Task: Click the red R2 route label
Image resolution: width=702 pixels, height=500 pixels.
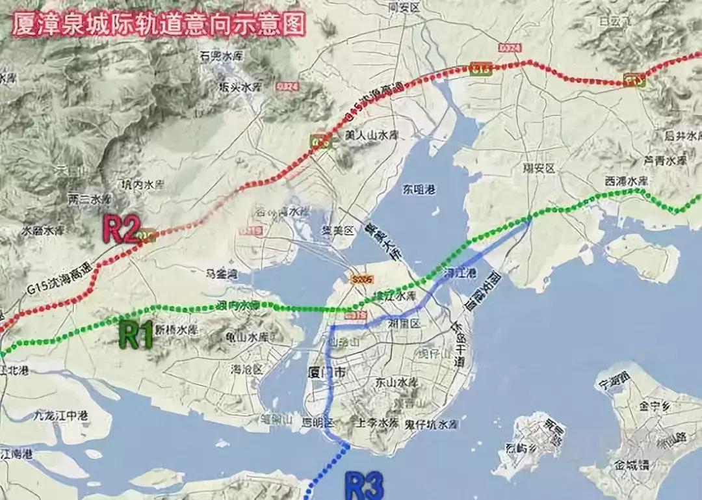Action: (122, 230)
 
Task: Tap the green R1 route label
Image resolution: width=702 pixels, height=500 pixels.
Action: (137, 336)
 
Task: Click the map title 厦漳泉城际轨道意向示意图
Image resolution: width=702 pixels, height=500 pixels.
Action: (159, 25)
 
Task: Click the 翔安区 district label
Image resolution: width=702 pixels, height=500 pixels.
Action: (540, 168)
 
